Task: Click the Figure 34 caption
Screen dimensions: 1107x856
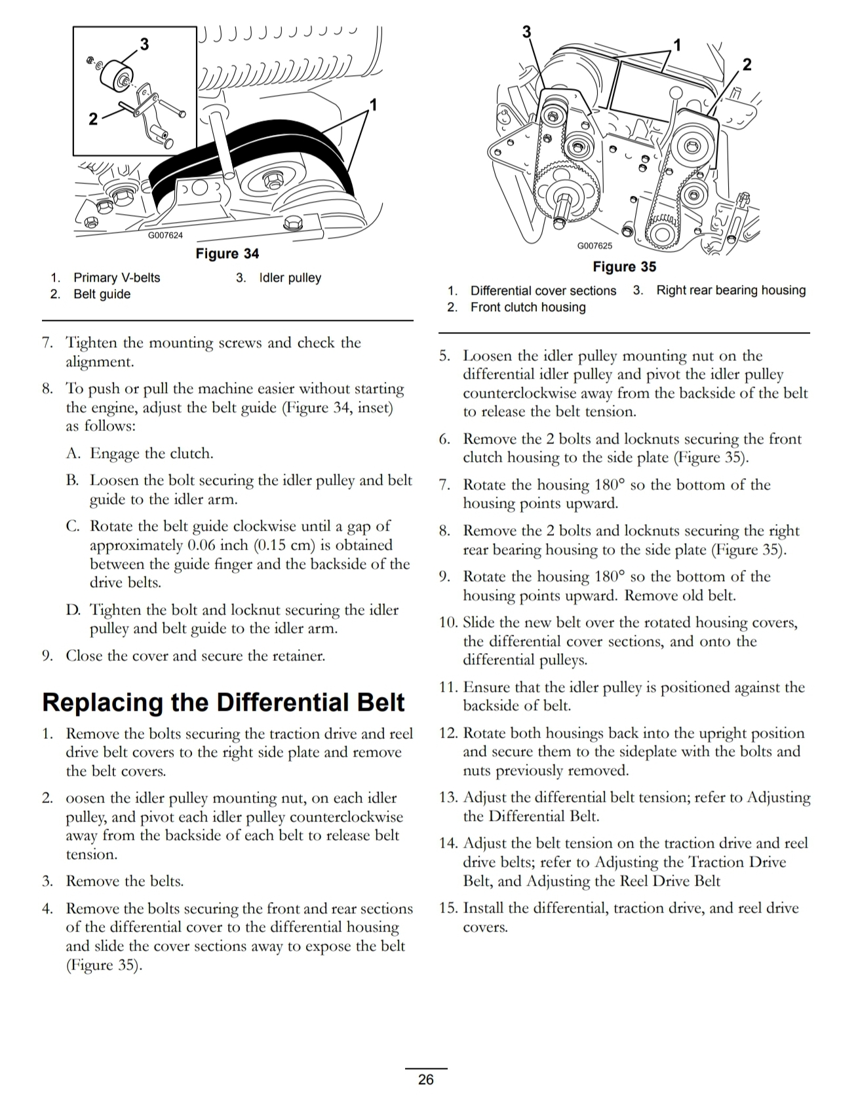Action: [227, 253]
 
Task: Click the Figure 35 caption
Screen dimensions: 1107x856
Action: [624, 267]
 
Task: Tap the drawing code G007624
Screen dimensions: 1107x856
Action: [165, 235]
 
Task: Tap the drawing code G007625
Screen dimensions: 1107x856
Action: [594, 246]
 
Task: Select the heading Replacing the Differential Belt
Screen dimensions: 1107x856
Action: [224, 702]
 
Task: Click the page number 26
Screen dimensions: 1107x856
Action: [425, 1079]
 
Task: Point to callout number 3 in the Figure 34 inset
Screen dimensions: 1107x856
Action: [145, 44]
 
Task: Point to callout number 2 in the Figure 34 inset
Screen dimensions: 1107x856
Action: [93, 119]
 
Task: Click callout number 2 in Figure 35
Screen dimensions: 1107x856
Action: [747, 64]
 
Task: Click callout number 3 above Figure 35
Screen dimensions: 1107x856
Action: [526, 31]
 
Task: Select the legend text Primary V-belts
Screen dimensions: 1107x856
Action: [117, 278]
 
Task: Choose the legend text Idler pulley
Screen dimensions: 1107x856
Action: [290, 278]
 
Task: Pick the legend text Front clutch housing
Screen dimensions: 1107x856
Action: [528, 307]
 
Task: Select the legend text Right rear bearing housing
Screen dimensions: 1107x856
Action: [731, 290]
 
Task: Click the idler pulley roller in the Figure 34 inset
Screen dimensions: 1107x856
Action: [117, 74]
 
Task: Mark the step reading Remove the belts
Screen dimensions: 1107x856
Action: [125, 881]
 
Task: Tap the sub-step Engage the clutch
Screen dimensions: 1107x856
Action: [151, 453]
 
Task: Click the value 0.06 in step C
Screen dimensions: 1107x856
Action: [201, 545]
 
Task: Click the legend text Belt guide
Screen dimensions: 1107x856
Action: [102, 294]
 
